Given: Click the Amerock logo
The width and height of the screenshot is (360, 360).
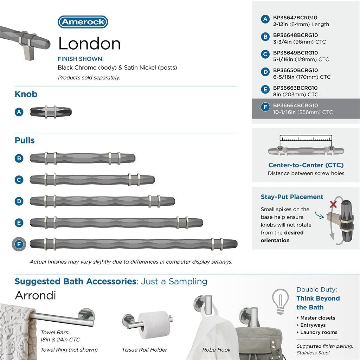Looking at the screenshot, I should pos(83,22).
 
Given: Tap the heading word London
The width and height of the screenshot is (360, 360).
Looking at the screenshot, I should pos(89,44).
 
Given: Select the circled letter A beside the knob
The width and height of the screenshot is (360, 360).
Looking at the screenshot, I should pos(19,112).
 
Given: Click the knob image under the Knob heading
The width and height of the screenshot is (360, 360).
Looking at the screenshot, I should pos(51,112).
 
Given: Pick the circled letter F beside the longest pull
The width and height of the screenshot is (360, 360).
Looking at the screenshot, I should pos(19,244).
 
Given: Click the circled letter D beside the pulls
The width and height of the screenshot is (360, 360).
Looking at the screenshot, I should pos(19,201).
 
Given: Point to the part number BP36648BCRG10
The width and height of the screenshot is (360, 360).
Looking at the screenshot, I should pos(295,35).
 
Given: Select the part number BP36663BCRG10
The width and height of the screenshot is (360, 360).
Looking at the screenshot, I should pos(295,88).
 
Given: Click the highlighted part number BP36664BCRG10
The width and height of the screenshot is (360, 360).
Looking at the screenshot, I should pos(295,105).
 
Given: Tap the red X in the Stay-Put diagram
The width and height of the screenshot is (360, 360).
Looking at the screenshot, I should pos(333,204).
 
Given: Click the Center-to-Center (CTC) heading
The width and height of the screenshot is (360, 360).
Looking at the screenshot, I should pos(306,165).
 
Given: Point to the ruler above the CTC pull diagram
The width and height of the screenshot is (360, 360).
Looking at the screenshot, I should pos(306,138).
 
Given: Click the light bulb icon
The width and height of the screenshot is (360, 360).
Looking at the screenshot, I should pos(281,301).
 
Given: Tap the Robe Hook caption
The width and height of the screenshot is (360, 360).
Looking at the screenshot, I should pos(217,350).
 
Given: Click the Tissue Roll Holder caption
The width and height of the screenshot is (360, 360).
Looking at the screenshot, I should pos(144,350).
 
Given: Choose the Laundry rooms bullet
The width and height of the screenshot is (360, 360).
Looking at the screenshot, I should pos(319,332).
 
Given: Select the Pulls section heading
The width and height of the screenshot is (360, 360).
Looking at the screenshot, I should pos(25,140).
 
